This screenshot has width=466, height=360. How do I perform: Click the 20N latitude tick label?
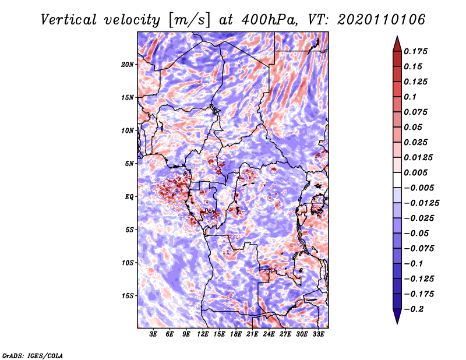(x=128, y=65)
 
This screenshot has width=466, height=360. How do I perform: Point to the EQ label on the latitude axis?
(x=129, y=197)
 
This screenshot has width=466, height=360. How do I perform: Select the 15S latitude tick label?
(x=128, y=296)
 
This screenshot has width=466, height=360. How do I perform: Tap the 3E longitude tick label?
(x=153, y=334)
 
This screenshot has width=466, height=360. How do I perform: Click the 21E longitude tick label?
(x=252, y=334)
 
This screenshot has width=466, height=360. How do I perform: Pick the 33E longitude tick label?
(x=318, y=334)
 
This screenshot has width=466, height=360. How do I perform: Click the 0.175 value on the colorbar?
(x=415, y=51)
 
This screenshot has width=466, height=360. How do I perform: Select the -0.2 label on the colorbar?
(x=414, y=309)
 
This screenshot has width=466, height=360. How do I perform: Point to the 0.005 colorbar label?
(x=415, y=172)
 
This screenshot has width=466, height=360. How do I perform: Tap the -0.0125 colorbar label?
(x=421, y=203)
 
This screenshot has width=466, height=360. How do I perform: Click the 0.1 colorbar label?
(x=410, y=97)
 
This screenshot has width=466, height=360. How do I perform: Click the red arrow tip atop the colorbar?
(x=397, y=37)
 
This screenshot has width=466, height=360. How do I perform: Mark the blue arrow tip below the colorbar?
(x=397, y=323)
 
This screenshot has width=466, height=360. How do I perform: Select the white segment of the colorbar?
(x=397, y=180)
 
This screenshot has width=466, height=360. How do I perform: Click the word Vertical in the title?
(x=68, y=20)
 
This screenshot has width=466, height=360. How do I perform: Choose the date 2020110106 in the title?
(x=382, y=20)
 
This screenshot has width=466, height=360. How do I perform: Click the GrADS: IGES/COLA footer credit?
(x=33, y=355)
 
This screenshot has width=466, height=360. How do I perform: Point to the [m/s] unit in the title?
(x=190, y=20)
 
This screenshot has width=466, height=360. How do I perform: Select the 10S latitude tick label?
(x=128, y=263)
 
